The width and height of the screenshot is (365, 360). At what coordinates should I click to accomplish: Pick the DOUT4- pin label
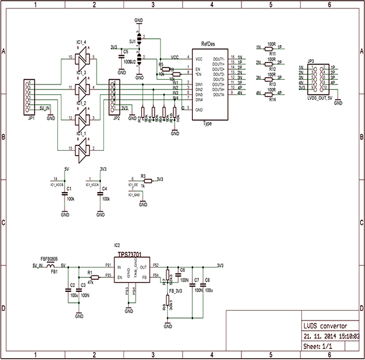coord(218,95)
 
